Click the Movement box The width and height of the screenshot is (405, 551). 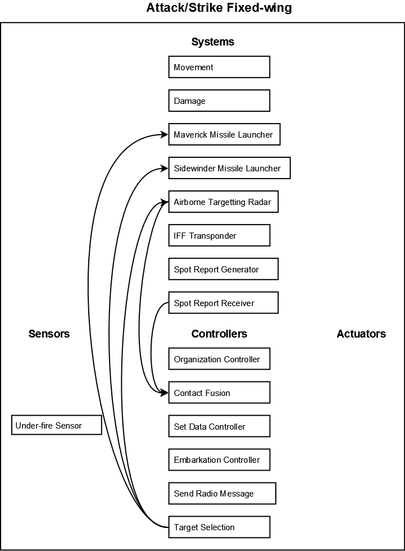click(x=219, y=67)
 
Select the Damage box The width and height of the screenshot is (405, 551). click(x=219, y=101)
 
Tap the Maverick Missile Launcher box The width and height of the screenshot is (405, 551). click(x=224, y=134)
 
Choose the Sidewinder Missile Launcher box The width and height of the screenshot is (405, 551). click(x=229, y=168)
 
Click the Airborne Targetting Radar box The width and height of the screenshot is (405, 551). click(x=223, y=202)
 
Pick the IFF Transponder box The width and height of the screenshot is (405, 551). click(x=219, y=235)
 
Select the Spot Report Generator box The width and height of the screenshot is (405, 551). click(x=223, y=269)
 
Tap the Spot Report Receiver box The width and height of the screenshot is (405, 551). click(x=223, y=303)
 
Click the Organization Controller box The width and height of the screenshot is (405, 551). click(x=219, y=359)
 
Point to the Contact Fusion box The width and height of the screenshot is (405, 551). click(x=219, y=393)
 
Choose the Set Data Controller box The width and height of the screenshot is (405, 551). click(x=219, y=426)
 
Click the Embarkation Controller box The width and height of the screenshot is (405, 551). click(x=219, y=459)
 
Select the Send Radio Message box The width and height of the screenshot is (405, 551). click(x=222, y=493)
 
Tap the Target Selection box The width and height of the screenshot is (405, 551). click(x=219, y=527)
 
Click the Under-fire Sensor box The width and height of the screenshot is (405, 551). click(x=57, y=425)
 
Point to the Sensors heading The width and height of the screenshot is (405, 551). click(x=49, y=334)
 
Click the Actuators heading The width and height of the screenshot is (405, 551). click(x=361, y=334)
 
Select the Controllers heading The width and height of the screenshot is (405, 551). click(x=219, y=334)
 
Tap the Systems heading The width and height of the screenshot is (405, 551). click(x=213, y=42)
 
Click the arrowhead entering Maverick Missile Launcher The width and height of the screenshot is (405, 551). click(x=165, y=134)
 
